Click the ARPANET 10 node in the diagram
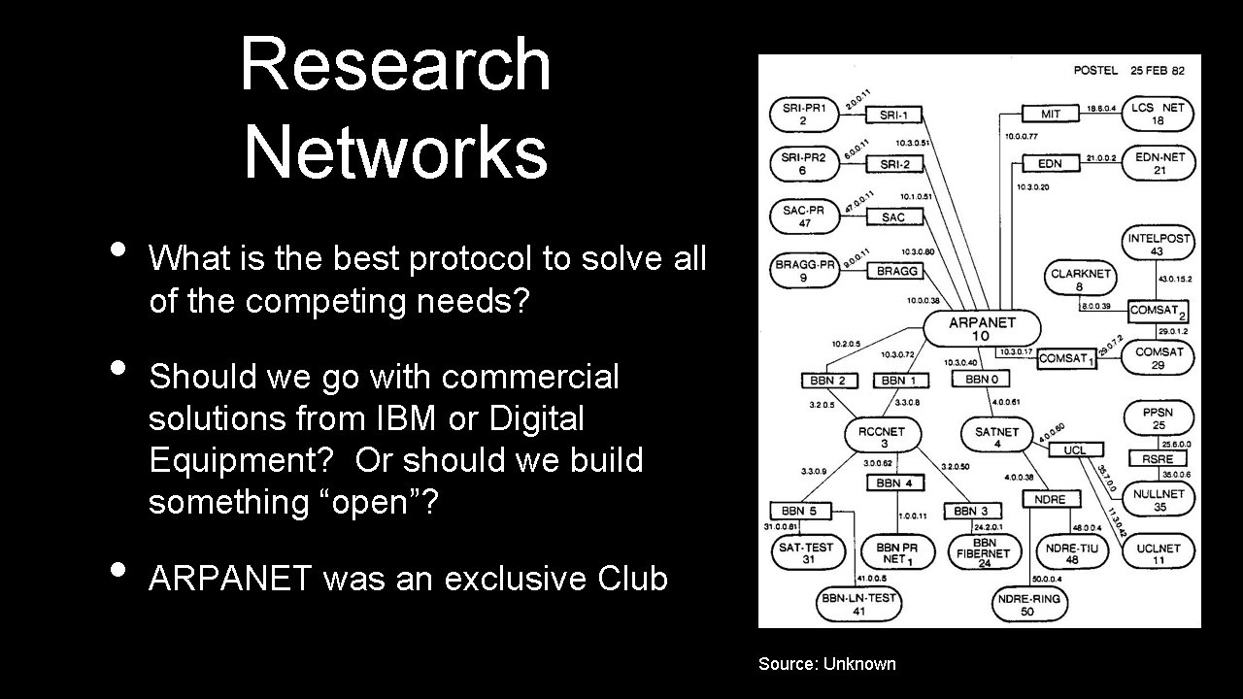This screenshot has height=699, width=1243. [x=981, y=329]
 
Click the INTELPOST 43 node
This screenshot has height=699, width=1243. [x=1158, y=245]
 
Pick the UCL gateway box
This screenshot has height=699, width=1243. [x=1074, y=450]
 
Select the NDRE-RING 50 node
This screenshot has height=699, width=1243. [x=1027, y=605]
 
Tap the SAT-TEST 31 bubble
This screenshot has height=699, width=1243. [x=806, y=552]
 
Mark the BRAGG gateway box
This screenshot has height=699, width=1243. [x=896, y=271]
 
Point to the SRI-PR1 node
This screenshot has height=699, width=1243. [x=803, y=115]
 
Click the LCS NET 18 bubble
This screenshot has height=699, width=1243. [x=1158, y=115]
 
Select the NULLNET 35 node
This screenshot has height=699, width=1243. [x=1158, y=499]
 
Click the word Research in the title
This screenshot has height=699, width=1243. [x=394, y=64]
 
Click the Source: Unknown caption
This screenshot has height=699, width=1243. [x=827, y=664]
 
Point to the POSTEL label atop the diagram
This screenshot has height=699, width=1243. [x=1095, y=71]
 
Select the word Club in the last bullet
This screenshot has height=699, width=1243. [x=632, y=579]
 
